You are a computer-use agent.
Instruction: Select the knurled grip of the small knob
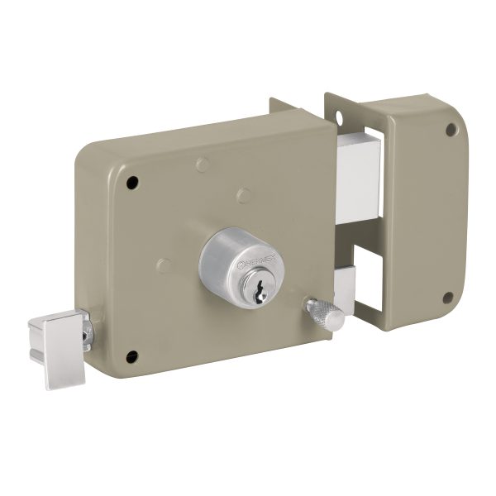click(319, 312)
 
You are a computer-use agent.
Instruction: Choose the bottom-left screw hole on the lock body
click(131, 356)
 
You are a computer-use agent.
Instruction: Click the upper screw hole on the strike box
click(451, 129)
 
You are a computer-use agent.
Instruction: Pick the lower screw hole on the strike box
click(450, 298)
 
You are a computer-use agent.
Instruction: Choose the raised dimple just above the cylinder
click(241, 194)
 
